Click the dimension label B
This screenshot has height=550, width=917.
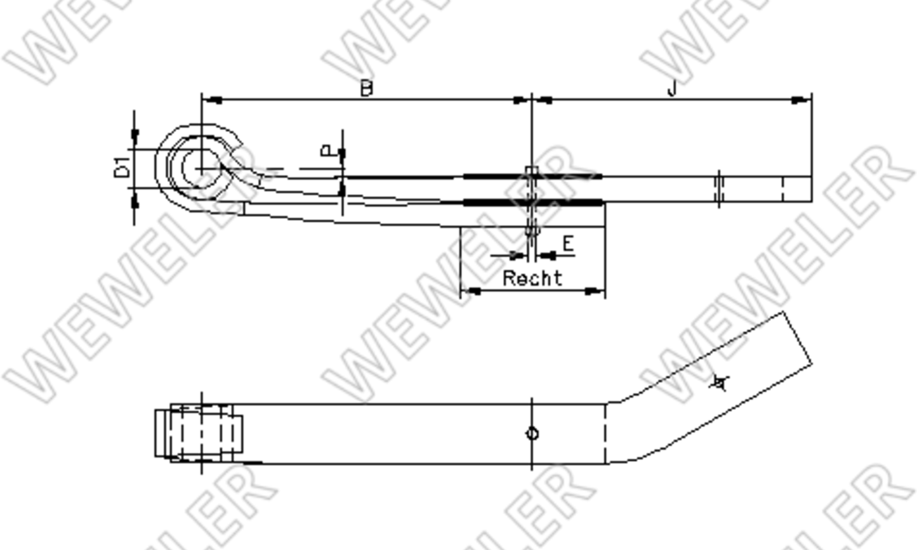click(x=366, y=88)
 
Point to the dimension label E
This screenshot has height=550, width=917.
click(x=568, y=244)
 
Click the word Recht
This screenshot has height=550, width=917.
click(x=532, y=278)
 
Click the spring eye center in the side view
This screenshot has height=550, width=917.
click(x=202, y=168)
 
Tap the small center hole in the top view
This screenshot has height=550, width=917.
click(x=532, y=433)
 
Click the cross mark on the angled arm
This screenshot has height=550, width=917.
click(x=720, y=383)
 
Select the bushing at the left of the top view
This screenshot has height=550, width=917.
click(x=199, y=433)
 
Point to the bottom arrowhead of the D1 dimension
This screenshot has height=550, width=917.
click(x=134, y=201)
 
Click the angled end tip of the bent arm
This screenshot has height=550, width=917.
click(x=798, y=338)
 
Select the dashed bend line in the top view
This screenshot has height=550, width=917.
click(x=605, y=433)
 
